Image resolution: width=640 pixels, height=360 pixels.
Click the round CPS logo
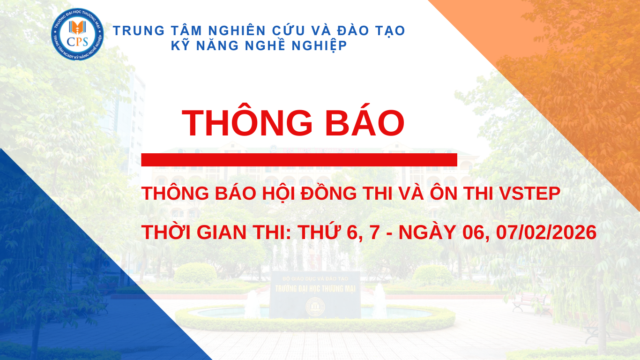77,34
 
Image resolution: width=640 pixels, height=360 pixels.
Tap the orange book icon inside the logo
77,28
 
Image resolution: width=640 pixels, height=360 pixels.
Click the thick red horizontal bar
299,159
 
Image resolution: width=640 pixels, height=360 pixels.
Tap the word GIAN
222,232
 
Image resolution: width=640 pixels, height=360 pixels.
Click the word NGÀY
427,232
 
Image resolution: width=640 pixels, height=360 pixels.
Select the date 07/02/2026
546,232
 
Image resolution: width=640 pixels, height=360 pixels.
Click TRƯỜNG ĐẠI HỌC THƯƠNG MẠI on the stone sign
315,288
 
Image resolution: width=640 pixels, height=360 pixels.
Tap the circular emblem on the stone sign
315,307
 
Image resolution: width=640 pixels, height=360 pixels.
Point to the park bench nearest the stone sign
532,304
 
